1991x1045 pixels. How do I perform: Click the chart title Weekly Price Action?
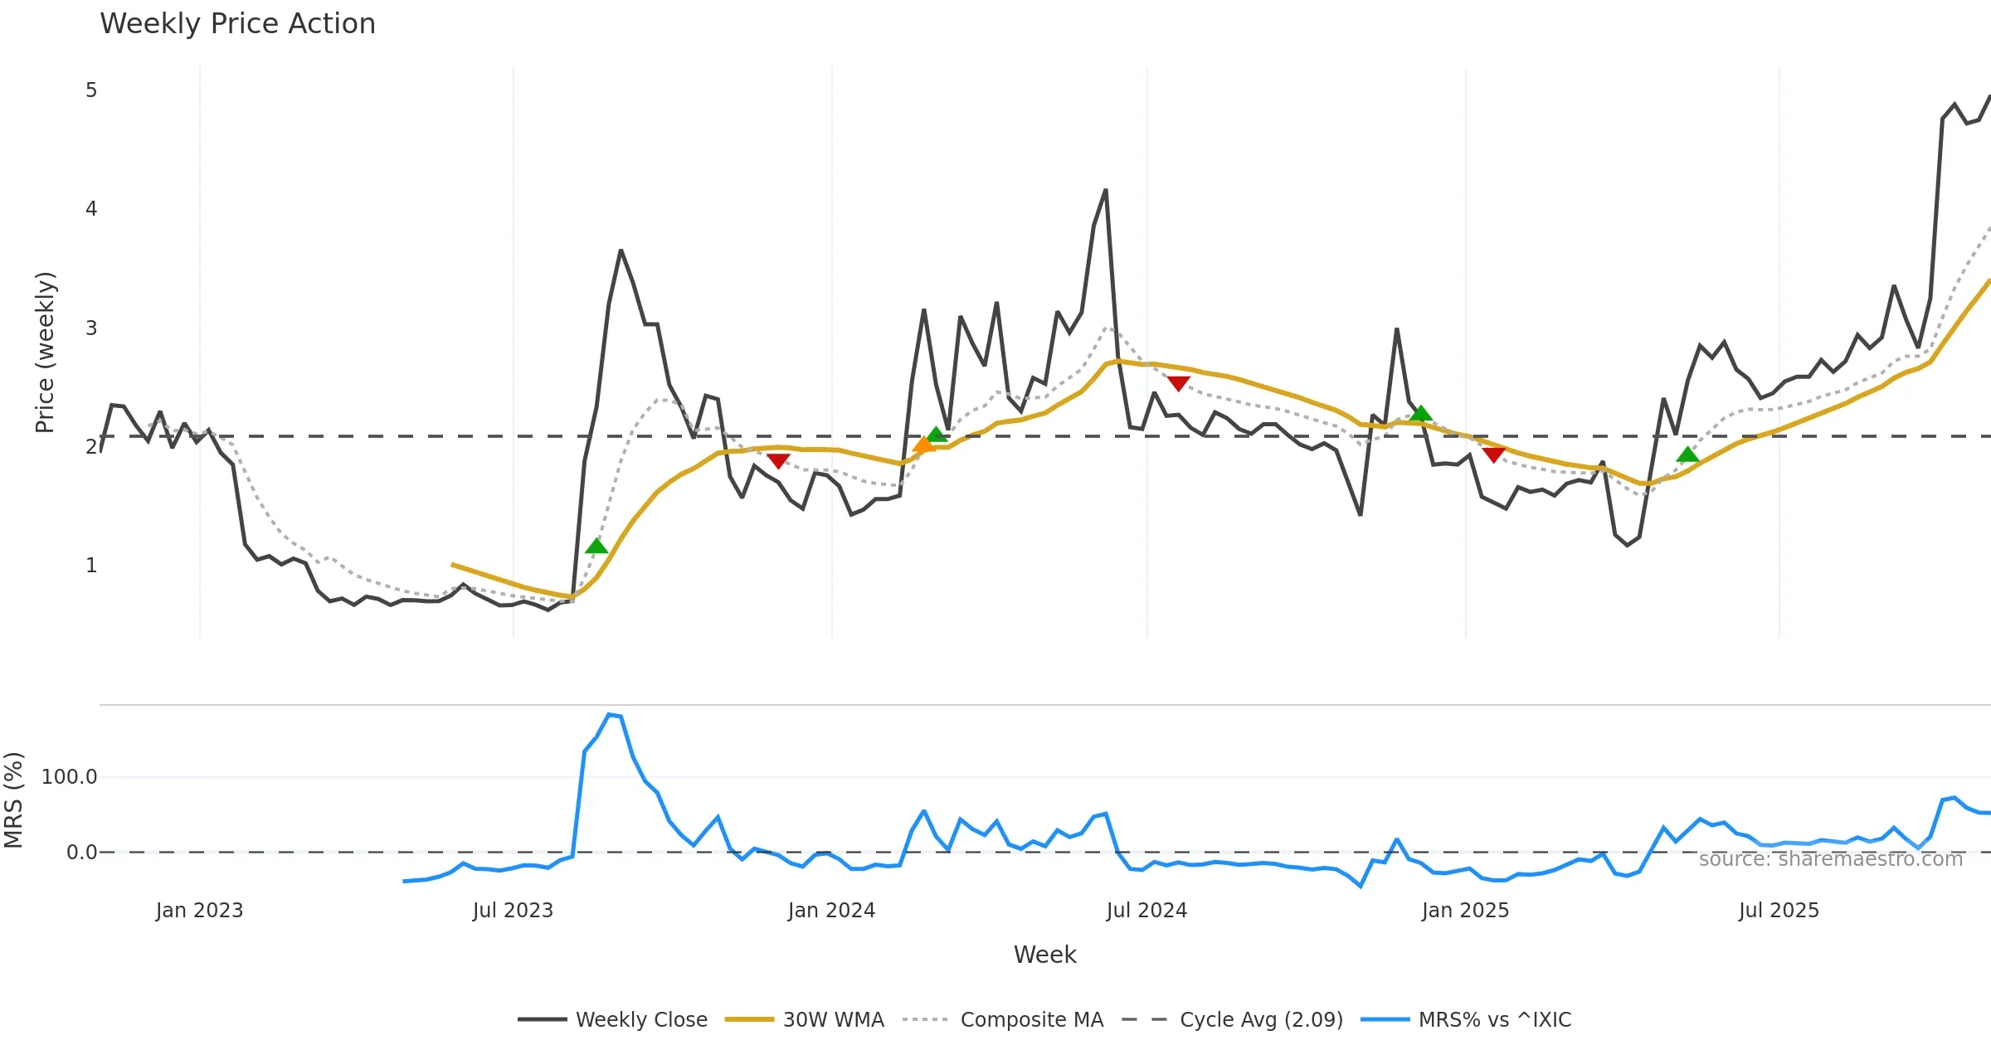237,24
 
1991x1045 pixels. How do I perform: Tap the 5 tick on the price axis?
91,90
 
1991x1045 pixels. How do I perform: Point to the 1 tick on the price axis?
91,566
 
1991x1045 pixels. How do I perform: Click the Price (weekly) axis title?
45,352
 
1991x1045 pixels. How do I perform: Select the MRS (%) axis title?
13,800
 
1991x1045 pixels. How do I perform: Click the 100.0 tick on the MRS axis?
70,777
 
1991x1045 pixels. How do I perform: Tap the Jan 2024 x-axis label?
831,911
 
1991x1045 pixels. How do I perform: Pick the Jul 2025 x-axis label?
1779,911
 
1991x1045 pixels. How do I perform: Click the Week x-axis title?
1044,955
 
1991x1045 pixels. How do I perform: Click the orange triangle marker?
923,445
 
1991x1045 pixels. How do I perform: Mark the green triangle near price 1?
596,546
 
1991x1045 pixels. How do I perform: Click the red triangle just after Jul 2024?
1179,383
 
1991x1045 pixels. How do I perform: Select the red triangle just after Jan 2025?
1494,454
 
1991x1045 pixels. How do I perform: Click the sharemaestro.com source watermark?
1830,859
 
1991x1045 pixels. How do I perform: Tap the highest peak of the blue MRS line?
610,714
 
